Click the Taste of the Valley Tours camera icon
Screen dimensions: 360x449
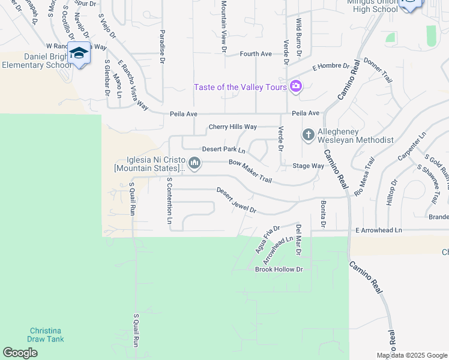tap(295, 87)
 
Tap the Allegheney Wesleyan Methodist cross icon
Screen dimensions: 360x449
tap(309, 134)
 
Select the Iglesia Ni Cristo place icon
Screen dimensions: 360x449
tap(194, 163)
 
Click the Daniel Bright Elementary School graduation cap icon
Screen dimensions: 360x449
tap(79, 53)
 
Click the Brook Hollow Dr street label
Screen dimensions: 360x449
tap(279, 269)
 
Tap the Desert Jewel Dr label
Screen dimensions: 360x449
tap(236, 201)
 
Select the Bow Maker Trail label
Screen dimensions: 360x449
tap(250, 172)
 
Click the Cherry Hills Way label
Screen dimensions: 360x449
tap(232, 127)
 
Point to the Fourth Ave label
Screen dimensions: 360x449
tap(256, 54)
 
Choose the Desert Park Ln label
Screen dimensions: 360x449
tap(223, 149)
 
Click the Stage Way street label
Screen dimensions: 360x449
tap(308, 166)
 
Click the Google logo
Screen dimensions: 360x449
tap(20, 353)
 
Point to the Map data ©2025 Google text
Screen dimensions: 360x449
tap(412, 355)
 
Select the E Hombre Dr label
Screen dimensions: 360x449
tap(330, 67)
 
